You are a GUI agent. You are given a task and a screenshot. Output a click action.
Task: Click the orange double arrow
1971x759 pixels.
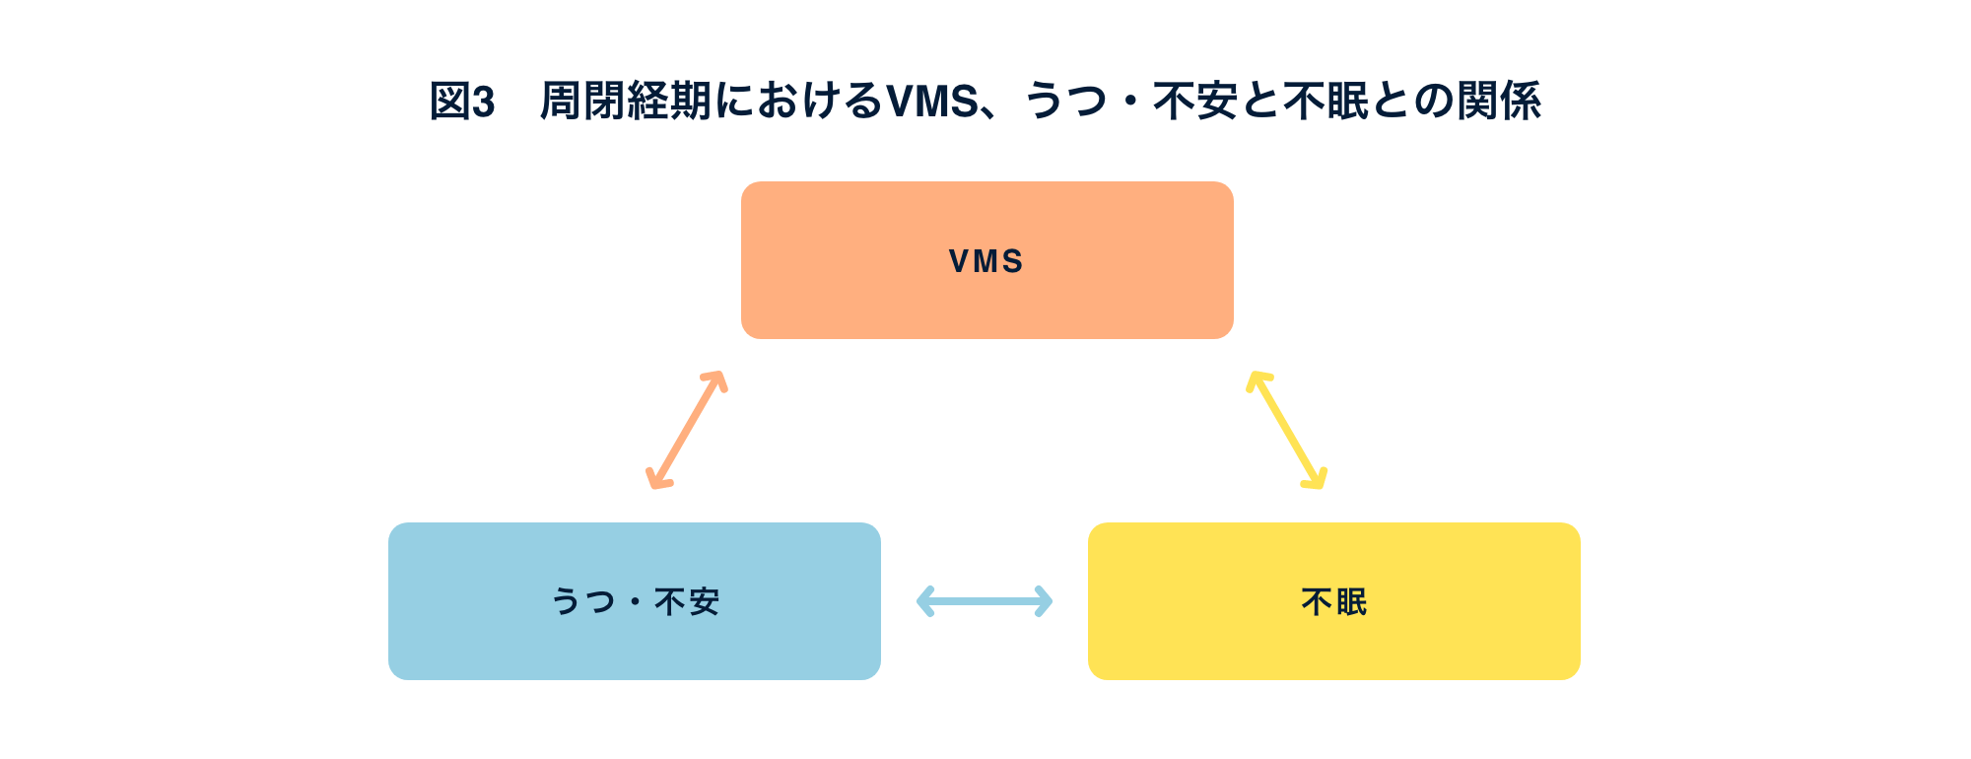[686, 430]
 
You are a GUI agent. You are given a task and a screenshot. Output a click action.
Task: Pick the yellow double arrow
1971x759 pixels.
[1286, 430]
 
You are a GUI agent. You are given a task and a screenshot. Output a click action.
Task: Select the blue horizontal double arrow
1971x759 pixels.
[984, 601]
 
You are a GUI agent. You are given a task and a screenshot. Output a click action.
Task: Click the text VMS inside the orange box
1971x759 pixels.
[986, 261]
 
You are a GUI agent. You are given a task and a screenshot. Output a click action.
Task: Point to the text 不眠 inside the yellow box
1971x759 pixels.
[1333, 601]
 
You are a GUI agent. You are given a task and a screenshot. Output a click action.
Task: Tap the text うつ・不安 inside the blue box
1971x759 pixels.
[635, 601]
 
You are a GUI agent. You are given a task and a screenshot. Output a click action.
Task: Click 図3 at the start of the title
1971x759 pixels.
[461, 102]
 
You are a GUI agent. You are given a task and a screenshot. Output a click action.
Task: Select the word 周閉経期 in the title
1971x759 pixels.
[625, 102]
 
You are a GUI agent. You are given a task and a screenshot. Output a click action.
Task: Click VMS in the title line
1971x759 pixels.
[931, 102]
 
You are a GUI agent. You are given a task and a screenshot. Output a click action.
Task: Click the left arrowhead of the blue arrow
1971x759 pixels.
[923, 601]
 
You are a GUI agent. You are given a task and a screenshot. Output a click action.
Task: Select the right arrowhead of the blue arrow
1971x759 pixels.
[1045, 601]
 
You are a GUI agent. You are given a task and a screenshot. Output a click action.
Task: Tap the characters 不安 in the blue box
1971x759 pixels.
[687, 601]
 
